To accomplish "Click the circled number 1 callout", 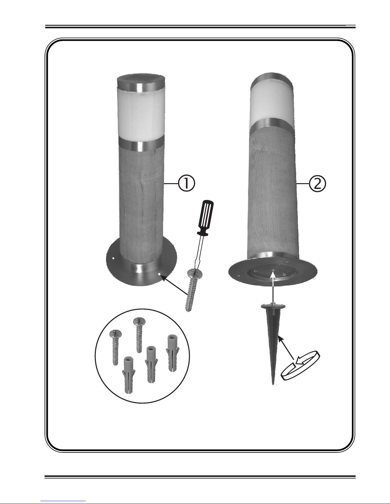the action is pyautogui.click(x=187, y=183).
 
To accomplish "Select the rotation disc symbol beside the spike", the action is pyautogui.click(x=301, y=369).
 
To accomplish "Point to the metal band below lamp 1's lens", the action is pyautogui.click(x=142, y=144).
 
